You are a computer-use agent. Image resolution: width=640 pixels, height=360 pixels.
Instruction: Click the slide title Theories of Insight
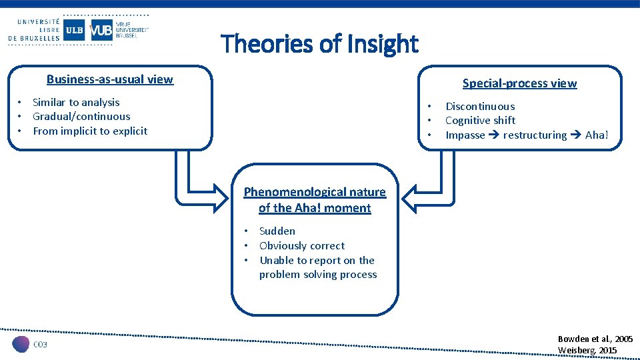[319, 44]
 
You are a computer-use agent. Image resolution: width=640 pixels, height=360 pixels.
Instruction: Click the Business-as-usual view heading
[110, 79]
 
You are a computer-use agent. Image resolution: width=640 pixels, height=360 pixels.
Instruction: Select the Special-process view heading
[519, 83]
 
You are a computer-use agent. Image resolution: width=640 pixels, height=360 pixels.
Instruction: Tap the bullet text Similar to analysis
[76, 102]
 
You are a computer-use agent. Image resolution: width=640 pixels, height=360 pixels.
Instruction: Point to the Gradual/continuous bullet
[81, 117]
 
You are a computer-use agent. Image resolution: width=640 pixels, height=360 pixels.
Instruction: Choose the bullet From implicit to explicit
[90, 131]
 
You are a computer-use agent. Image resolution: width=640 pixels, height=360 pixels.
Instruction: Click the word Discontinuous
[480, 107]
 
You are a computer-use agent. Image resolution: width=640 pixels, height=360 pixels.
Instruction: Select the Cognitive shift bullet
[480, 121]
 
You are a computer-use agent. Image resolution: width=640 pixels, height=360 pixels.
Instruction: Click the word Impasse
[465, 135]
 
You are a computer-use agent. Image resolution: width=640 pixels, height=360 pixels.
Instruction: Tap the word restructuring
[535, 135]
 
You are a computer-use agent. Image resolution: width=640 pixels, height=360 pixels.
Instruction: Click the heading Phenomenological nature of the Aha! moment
[315, 200]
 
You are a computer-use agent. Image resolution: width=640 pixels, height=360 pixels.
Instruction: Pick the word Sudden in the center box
[277, 231]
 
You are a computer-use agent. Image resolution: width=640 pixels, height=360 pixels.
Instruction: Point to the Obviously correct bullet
[302, 246]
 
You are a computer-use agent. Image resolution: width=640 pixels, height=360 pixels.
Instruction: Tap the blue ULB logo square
[74, 30]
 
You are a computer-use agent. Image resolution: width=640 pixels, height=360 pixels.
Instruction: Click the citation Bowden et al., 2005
[595, 339]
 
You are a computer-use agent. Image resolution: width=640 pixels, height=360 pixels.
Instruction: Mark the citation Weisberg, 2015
[587, 351]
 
